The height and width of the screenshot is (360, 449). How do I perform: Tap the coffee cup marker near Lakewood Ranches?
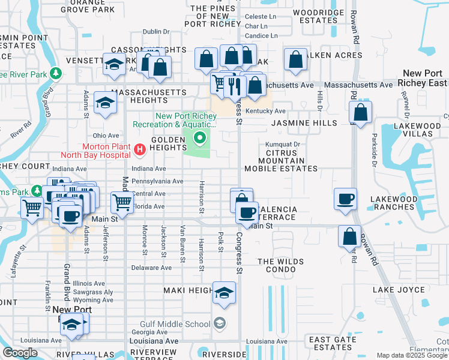click(346, 199)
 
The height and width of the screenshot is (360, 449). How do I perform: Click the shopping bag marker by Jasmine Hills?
click(361, 112)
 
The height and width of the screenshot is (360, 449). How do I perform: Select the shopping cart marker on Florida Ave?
click(122, 202)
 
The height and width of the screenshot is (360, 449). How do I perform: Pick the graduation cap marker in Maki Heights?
click(224, 293)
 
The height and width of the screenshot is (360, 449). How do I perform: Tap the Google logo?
click(20, 352)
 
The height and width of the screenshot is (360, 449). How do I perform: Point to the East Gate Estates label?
click(331, 343)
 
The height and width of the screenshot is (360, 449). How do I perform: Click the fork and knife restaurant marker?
click(235, 86)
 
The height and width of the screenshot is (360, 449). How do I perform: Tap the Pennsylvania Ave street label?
click(157, 181)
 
